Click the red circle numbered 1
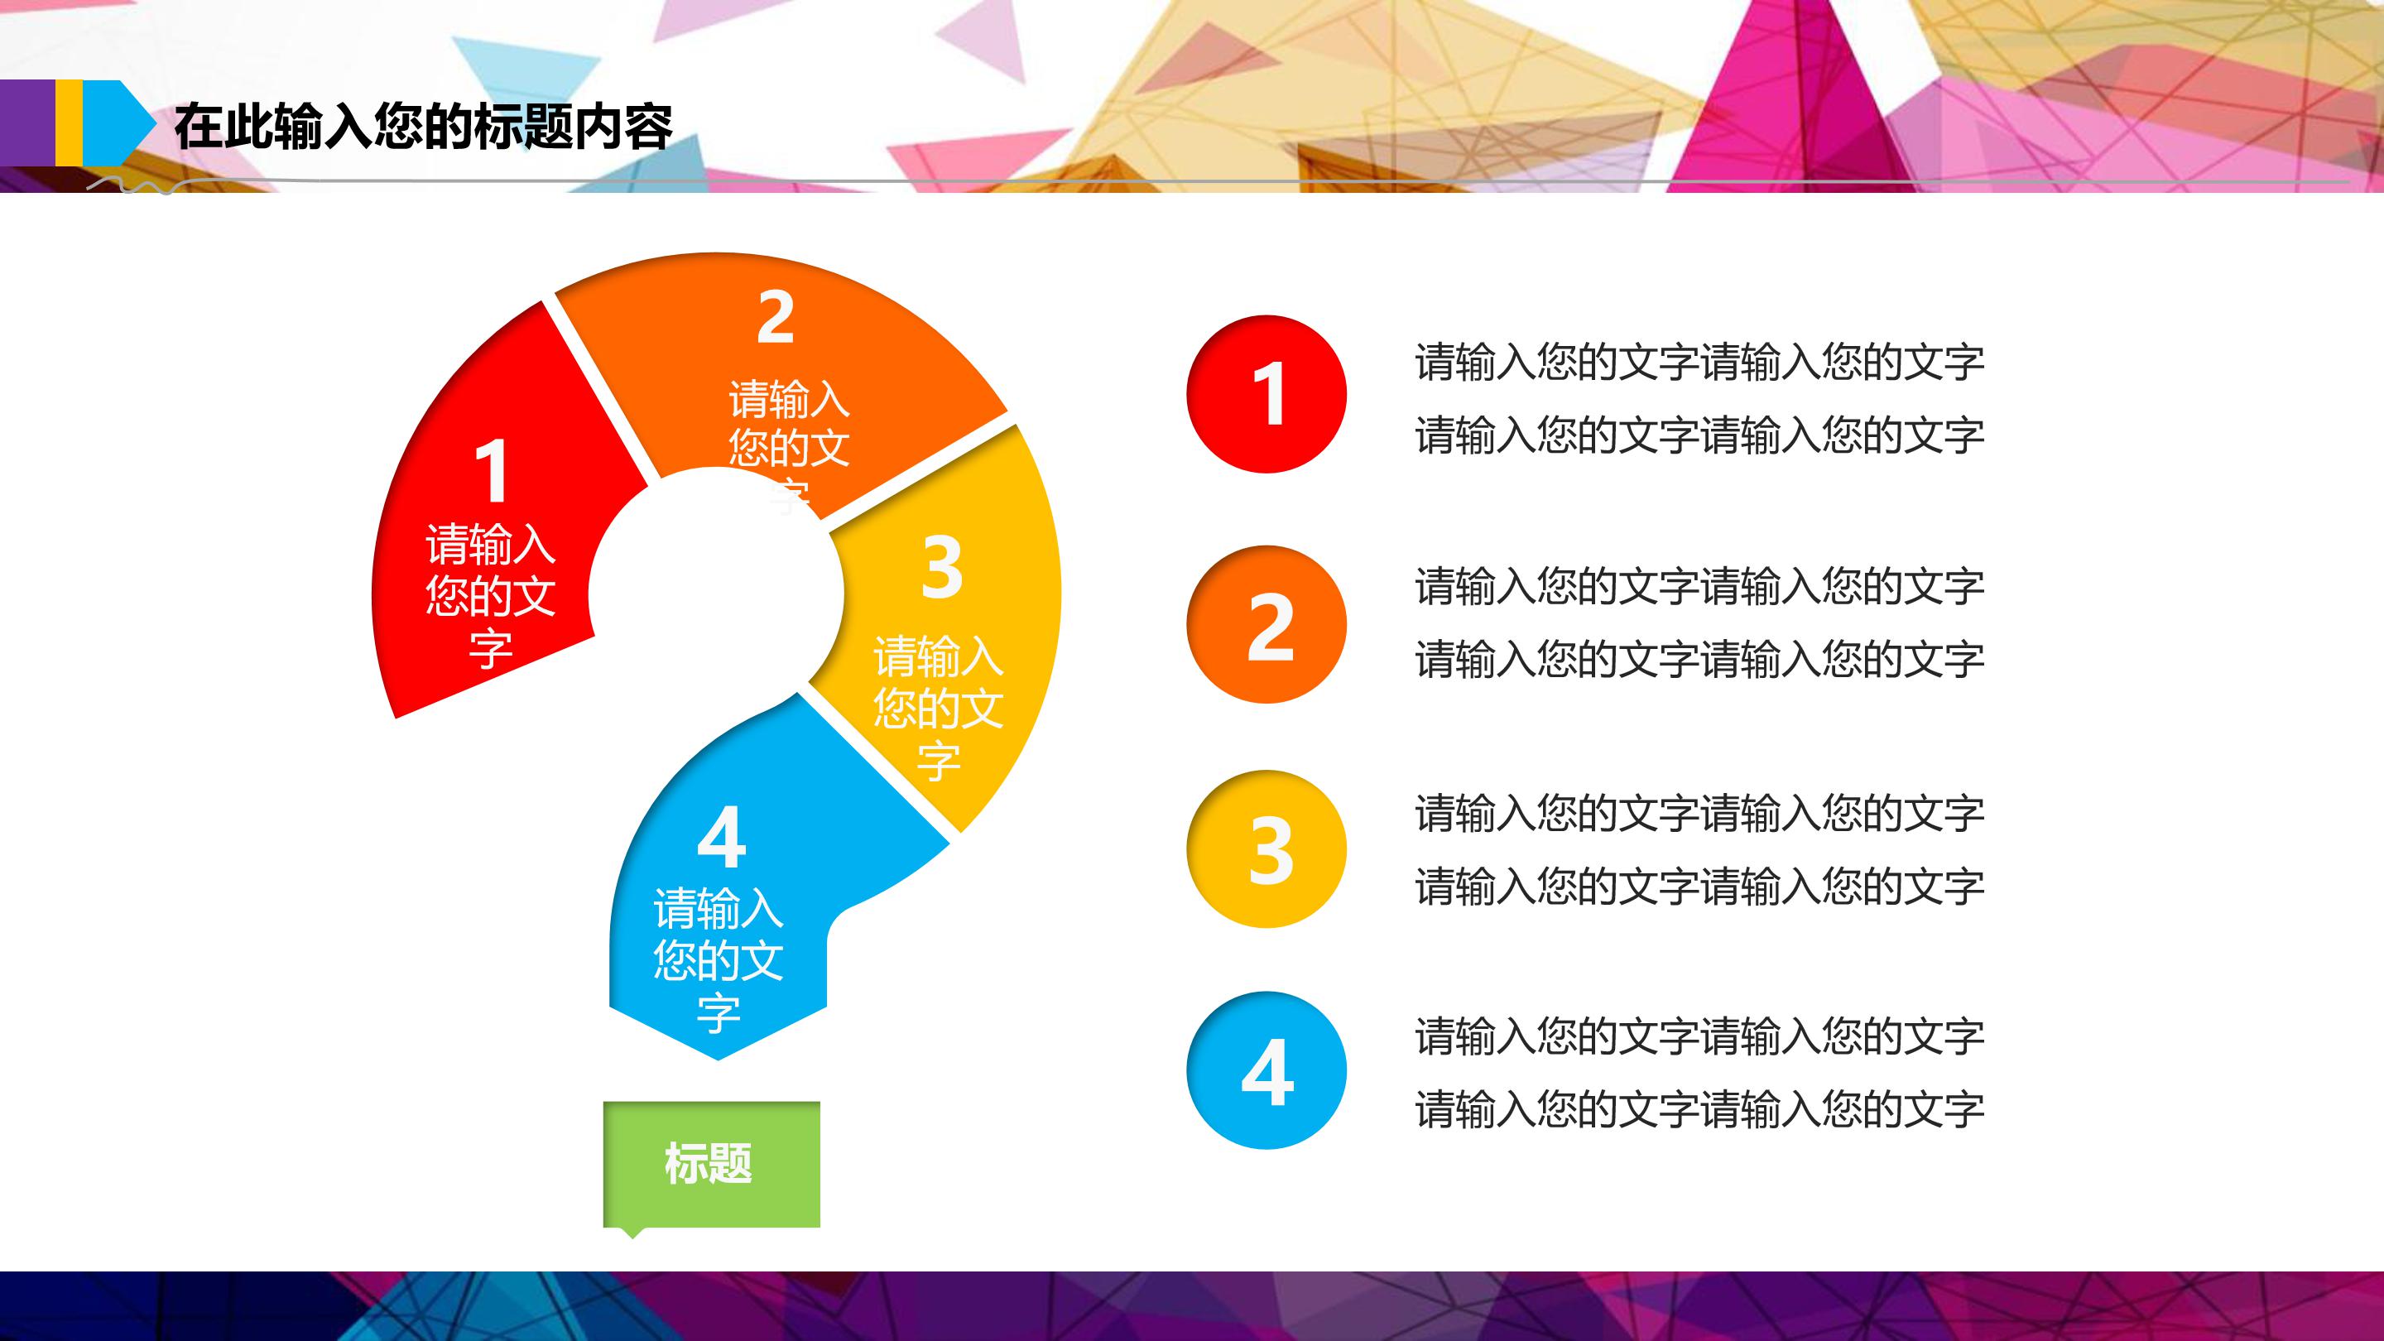click(1266, 394)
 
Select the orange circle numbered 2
click(1266, 625)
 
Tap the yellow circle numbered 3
click(1266, 848)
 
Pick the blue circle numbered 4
click(1266, 1071)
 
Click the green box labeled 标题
click(711, 1164)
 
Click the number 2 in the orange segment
click(776, 317)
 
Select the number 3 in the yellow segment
click(942, 566)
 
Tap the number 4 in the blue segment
click(722, 837)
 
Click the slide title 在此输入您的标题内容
click(423, 127)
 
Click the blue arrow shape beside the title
click(118, 123)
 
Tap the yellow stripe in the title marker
click(69, 123)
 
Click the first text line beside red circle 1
click(1699, 362)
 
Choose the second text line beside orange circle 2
click(1699, 659)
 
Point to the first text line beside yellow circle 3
click(1699, 814)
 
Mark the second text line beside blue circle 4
click(1699, 1108)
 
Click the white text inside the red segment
click(491, 595)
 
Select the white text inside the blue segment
click(719, 959)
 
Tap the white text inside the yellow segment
click(939, 707)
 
